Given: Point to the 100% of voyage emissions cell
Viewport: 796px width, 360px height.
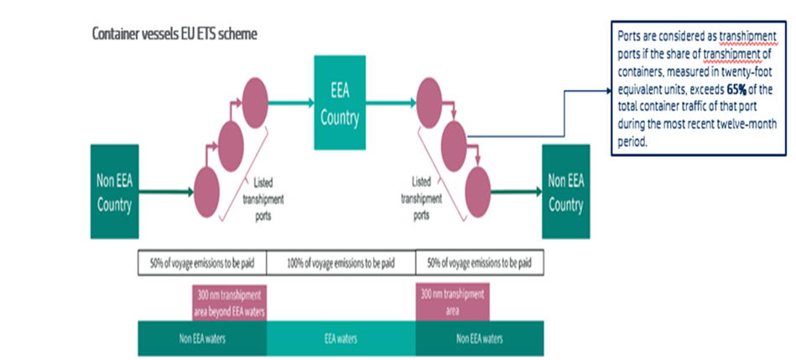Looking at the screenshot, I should (341, 263).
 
